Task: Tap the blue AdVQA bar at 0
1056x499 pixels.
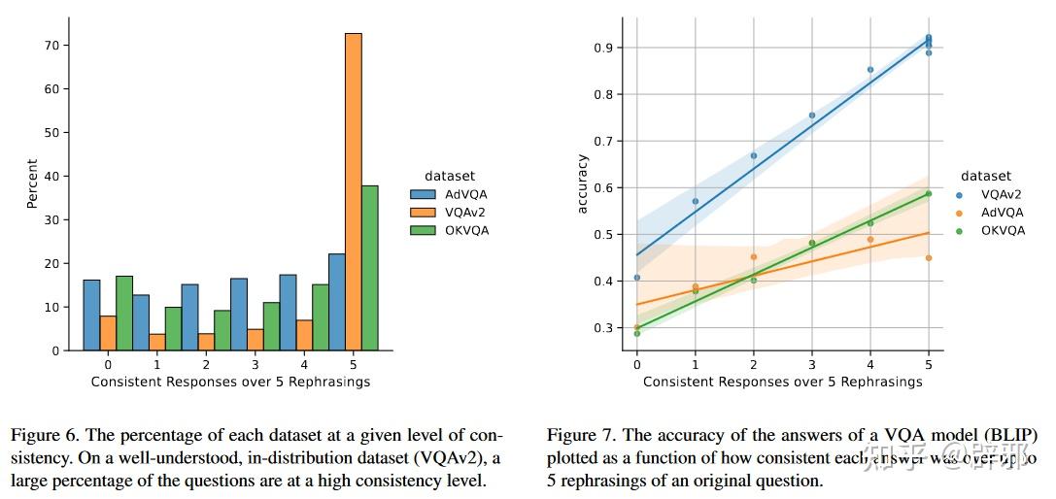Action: coord(91,315)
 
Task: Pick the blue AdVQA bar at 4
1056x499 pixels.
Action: coord(288,312)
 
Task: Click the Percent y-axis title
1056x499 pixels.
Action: coord(32,183)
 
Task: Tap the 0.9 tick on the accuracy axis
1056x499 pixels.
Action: coord(602,48)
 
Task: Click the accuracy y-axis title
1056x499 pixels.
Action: coord(583,183)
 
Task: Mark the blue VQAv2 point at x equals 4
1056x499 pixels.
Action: coord(870,70)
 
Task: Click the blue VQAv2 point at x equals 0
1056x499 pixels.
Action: coord(637,278)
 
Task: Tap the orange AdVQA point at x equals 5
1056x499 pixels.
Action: coord(929,257)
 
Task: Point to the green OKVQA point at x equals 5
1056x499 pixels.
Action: coord(929,193)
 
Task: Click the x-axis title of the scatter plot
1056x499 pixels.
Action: coord(782,382)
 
